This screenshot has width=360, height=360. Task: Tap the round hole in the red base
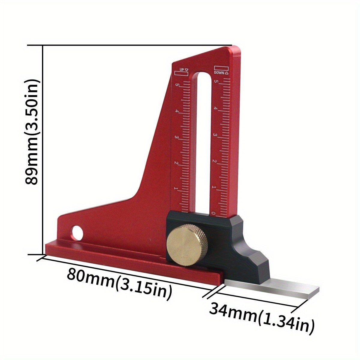pos(77,232)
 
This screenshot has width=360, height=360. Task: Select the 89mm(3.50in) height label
pos(32,132)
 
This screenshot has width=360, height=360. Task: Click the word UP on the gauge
pos(181,70)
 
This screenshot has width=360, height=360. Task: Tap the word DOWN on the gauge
pos(219,72)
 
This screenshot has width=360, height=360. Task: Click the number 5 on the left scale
pos(177,85)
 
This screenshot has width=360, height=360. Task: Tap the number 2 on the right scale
pos(214,161)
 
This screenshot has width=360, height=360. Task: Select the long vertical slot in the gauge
pos(205,141)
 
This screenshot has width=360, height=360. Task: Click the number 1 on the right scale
pos(214,187)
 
